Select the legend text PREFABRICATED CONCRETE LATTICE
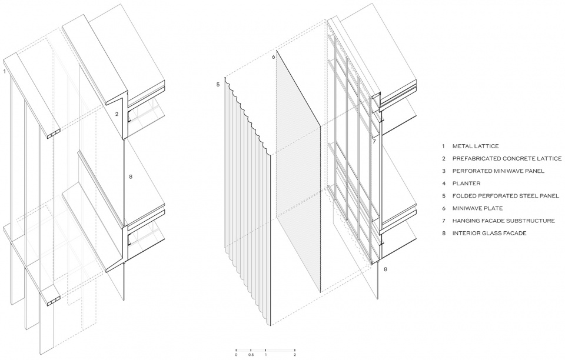point(507,158)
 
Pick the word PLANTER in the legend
point(466,184)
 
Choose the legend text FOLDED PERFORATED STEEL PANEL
point(506,196)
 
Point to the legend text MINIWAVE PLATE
point(477,208)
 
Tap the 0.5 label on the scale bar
point(251,355)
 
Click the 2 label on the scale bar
point(295,355)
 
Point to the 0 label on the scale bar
point(236,355)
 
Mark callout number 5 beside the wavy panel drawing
point(218,85)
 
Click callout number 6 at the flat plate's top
point(274,57)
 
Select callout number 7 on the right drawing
point(374,142)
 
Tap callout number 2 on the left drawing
point(117,114)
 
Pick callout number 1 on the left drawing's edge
point(4,71)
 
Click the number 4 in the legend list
point(444,184)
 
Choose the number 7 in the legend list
point(444,221)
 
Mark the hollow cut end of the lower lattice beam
point(54,301)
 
